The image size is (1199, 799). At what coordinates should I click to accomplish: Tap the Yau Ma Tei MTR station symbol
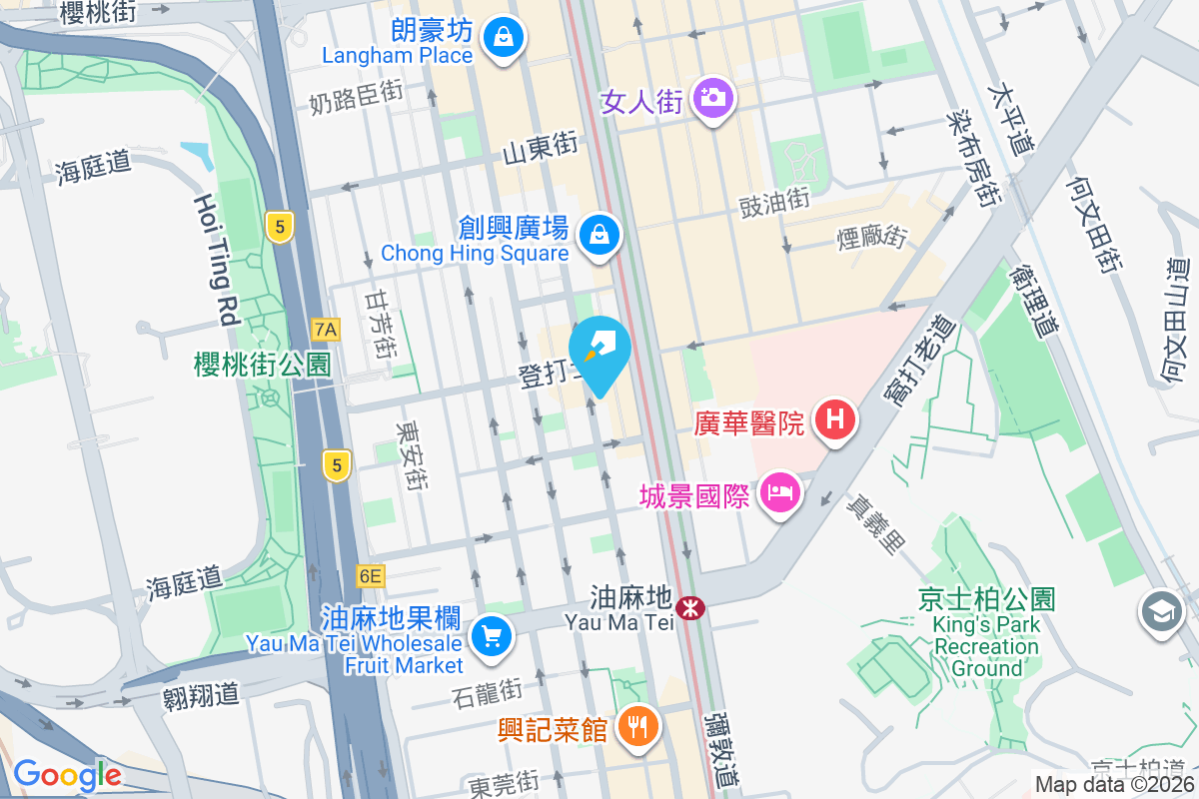[x=688, y=606]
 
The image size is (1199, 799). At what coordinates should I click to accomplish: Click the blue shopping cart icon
[x=491, y=634]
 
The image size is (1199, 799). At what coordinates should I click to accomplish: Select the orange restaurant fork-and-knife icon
[x=636, y=725]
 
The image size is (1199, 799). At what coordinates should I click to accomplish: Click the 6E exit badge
[x=370, y=576]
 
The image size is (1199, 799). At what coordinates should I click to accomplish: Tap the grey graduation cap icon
[x=1161, y=611]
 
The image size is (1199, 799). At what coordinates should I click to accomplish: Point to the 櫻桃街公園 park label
[x=262, y=364]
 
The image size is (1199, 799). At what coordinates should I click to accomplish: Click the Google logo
[x=67, y=775]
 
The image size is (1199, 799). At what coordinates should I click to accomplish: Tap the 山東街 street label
[x=540, y=150]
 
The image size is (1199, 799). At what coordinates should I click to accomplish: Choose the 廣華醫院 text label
[x=749, y=422]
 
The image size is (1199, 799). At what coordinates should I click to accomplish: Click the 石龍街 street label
[x=488, y=690]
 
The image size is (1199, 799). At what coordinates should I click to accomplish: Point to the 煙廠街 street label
[x=872, y=238]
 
